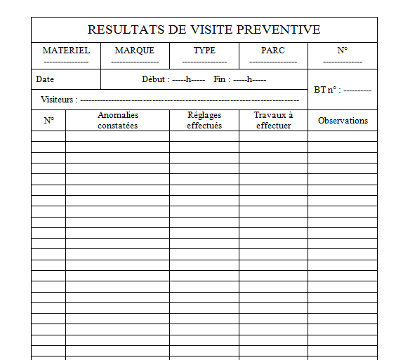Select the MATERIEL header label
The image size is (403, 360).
click(66, 51)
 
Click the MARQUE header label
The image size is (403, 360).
click(134, 51)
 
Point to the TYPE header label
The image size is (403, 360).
click(204, 51)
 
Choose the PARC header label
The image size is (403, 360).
click(273, 51)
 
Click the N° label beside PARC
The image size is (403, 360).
click(343, 51)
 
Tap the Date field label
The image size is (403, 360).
click(45, 79)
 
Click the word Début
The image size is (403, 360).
click(154, 79)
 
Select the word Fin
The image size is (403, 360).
click(220, 79)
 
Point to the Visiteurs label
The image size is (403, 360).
click(58, 100)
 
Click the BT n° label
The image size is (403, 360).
click(326, 91)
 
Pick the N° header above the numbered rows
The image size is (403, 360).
click(48, 121)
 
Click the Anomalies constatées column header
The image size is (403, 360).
click(117, 120)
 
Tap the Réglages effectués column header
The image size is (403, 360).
click(204, 120)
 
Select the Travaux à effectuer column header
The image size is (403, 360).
click(273, 120)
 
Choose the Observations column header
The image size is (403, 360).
click(343, 121)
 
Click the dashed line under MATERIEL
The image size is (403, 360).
click(66, 62)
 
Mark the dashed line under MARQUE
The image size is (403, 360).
click(134, 62)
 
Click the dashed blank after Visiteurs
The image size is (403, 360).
click(190, 101)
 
